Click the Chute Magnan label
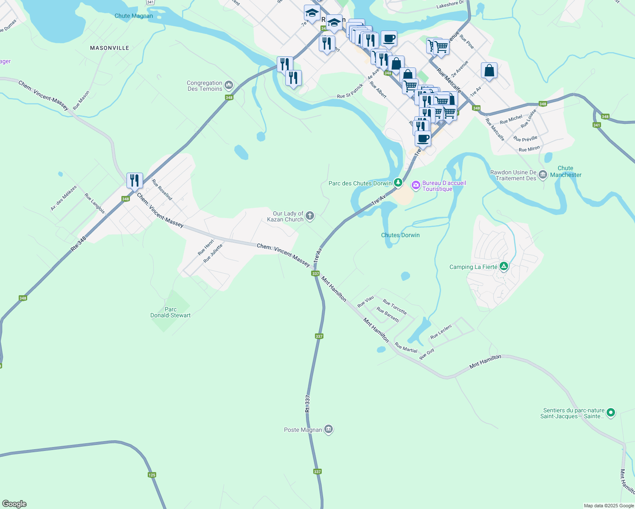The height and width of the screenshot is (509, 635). (x=133, y=16)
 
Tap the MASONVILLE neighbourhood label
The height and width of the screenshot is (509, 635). (x=110, y=48)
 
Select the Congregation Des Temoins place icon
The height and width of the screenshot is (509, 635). (x=229, y=86)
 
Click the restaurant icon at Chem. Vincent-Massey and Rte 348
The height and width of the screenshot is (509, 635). (x=135, y=181)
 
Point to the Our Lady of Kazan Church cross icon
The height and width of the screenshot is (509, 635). (x=310, y=216)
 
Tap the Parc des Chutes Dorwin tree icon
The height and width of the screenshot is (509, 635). (x=398, y=183)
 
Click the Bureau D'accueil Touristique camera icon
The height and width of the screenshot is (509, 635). (x=416, y=185)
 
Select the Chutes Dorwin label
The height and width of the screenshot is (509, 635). (x=400, y=235)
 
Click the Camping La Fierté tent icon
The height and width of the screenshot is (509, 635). (x=504, y=266)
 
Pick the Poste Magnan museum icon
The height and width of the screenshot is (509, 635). (x=328, y=430)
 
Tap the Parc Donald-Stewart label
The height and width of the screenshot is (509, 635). (x=171, y=312)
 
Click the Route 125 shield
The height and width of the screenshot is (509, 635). (x=152, y=475)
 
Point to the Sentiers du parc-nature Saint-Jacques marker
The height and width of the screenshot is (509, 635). (x=611, y=412)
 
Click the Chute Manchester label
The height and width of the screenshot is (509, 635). (x=566, y=171)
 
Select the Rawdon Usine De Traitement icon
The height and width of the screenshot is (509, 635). (x=543, y=175)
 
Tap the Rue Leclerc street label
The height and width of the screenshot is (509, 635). (x=441, y=330)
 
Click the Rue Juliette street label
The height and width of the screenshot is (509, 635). (x=213, y=253)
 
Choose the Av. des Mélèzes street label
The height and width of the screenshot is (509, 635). (x=64, y=198)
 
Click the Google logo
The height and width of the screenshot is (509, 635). (x=14, y=503)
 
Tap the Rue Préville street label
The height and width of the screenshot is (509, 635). (x=525, y=139)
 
